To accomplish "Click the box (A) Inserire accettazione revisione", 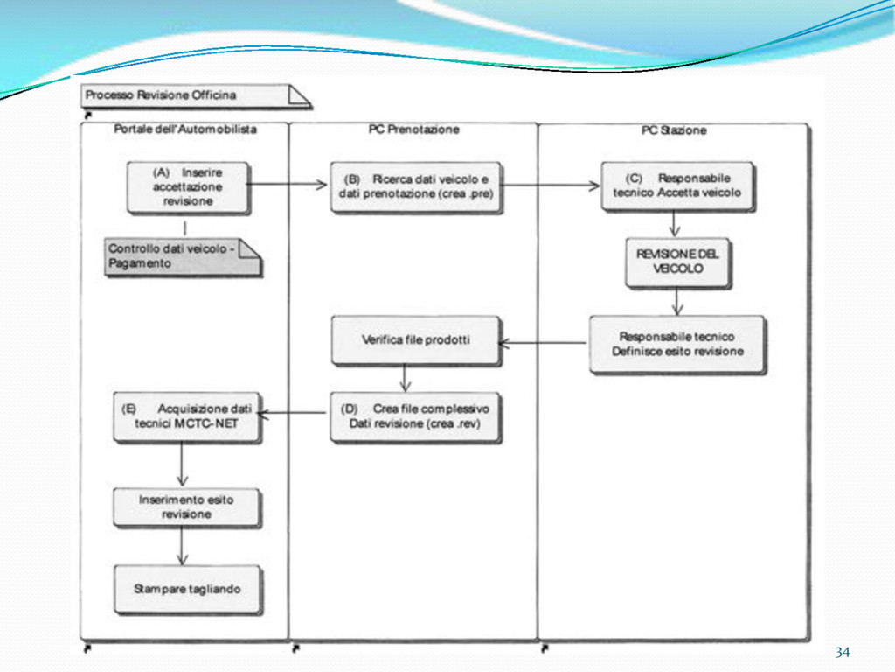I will point(187,186).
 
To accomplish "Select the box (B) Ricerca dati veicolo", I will point(416,185).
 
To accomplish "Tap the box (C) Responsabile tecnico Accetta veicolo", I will point(676,185).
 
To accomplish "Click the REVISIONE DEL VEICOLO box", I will point(676,261).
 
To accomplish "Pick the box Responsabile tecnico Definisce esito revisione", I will point(676,344).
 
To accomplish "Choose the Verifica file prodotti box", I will point(415,339).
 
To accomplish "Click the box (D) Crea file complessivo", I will point(415,416).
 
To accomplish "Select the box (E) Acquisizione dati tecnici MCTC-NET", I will point(187,416).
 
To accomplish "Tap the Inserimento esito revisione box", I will point(187,507).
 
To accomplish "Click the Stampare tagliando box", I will point(187,589).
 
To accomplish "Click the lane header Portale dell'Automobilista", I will point(185,129).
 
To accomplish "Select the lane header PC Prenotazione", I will point(413,129).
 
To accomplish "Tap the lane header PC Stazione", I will point(673,130).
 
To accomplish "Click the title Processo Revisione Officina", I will point(161,94).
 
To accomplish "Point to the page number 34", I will point(842,653).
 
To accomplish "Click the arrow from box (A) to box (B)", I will point(288,185).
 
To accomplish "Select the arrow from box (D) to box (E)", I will point(295,413).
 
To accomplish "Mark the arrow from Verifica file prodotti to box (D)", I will point(405,377).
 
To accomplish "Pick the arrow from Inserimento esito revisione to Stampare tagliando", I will point(182,547).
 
